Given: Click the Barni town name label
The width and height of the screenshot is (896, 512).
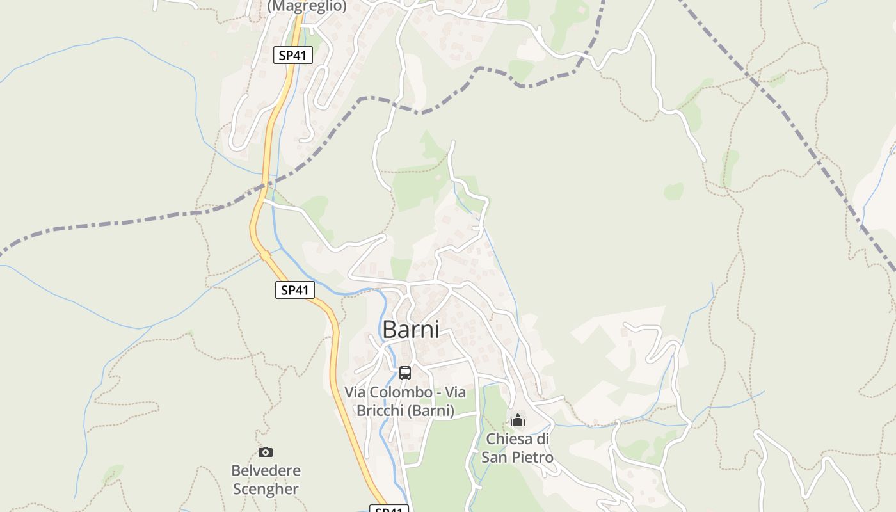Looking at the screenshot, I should pos(411,330).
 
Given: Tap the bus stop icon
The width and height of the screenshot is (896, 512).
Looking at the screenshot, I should pos(405,372).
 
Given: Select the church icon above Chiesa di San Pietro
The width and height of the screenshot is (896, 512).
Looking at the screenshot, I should pos(518,420).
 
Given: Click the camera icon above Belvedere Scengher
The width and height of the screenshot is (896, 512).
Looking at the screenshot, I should pos(266,452).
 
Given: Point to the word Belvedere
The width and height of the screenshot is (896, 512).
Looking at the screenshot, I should pos(266,471).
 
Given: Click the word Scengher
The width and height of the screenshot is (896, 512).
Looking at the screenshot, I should pos(266,490).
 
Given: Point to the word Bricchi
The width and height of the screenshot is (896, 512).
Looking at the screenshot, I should pos(380,411).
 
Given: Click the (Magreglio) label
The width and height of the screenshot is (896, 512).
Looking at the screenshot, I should pos(307,6).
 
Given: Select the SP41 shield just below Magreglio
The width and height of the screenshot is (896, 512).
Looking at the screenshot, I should pos(293,55).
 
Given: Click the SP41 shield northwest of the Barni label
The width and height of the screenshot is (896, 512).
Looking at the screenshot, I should pos(295,290).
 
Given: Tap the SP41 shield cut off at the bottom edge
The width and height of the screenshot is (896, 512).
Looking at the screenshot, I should pos(389,509).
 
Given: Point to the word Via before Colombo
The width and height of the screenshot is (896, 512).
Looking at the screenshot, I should pos(357,392).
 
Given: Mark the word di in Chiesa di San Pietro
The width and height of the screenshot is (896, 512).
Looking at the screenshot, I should pos(542,439).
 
